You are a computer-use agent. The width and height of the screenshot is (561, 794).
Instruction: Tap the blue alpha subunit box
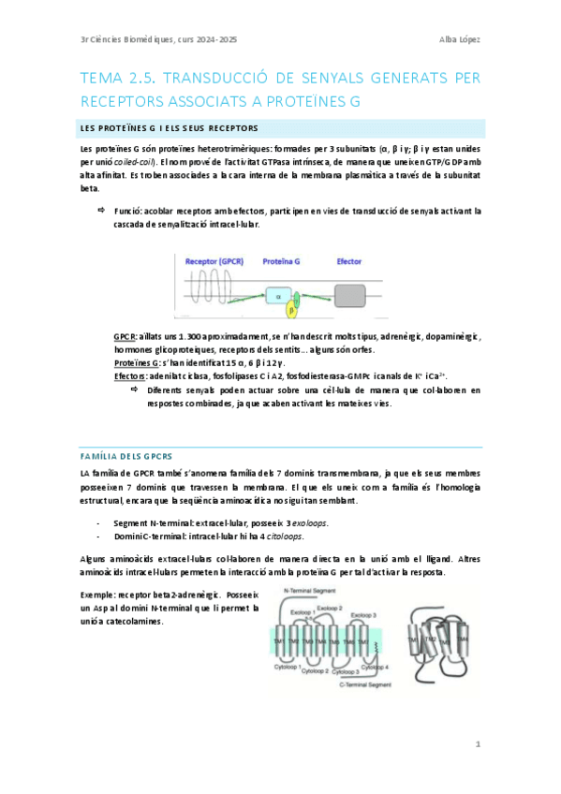(278, 297)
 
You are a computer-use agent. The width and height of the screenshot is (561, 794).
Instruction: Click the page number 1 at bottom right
(478, 744)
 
